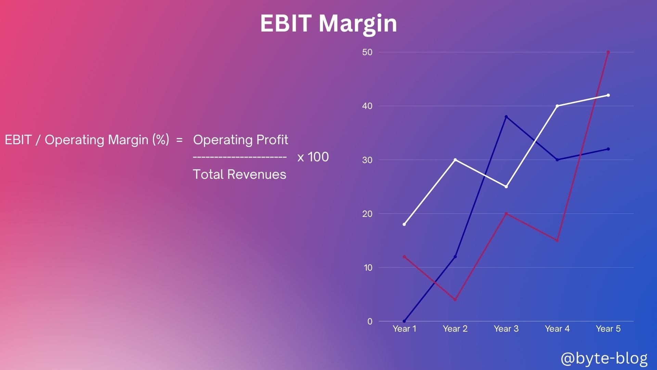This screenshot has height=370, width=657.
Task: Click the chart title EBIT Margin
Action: tap(328, 23)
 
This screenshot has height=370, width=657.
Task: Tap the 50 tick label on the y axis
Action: tap(367, 52)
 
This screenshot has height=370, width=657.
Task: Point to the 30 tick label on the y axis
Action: tap(367, 160)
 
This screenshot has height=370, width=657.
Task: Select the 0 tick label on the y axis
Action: tap(370, 321)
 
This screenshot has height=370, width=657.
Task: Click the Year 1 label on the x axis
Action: tap(404, 329)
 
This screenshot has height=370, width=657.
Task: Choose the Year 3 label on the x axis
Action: tap(506, 329)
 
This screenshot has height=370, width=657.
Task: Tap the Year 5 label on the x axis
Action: tap(608, 329)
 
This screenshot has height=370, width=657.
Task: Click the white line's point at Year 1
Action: tap(404, 224)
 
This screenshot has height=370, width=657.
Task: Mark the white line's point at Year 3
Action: tap(506, 187)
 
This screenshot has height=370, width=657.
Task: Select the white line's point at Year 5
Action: tap(608, 95)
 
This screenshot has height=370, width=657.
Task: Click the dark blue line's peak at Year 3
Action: tap(506, 117)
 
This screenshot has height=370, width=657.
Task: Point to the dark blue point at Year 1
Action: tap(404, 321)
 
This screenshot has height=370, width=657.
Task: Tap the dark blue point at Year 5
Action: tap(608, 149)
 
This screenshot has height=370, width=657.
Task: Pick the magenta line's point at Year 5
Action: tap(608, 52)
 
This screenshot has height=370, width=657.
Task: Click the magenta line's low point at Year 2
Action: tap(455, 300)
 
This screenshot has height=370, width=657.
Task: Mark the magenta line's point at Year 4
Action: tap(557, 241)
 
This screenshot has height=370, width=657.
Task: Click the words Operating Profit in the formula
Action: tap(241, 140)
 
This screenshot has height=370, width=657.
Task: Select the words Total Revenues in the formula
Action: tap(240, 174)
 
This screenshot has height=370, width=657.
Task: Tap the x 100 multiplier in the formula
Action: tap(313, 157)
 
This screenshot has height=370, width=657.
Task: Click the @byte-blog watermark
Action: tap(604, 358)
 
